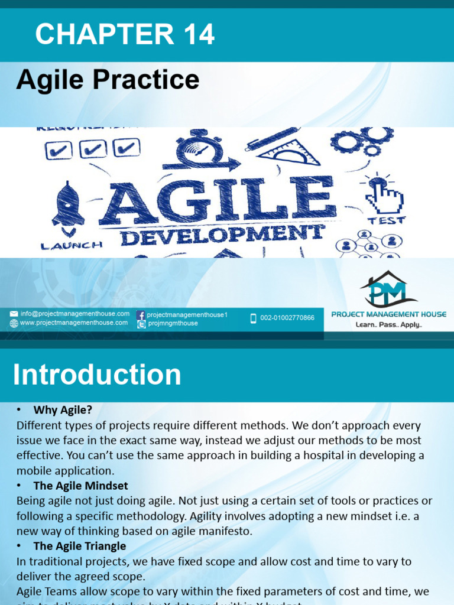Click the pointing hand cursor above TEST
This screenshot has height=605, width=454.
384,195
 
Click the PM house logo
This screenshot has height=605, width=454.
388,290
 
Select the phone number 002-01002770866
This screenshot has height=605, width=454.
287,318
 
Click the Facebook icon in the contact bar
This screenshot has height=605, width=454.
141,315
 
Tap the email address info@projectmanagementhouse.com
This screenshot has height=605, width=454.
74,314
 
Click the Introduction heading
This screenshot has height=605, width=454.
97,375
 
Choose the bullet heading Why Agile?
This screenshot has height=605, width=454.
63,409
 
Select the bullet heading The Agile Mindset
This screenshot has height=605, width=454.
80,486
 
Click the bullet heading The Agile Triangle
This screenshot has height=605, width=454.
79,546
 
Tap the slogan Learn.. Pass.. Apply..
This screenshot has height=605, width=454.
388,325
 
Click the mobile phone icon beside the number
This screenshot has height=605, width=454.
253,318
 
